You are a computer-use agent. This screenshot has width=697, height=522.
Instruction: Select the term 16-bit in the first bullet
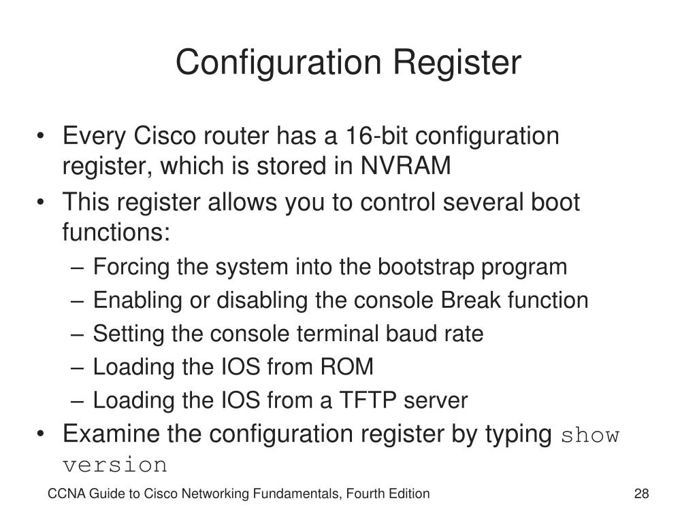tap(384, 136)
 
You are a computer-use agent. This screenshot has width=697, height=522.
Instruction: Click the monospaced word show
tap(590, 435)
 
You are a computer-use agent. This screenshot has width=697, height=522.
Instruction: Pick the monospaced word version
tap(114, 466)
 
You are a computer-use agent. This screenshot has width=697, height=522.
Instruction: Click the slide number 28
tap(641, 494)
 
